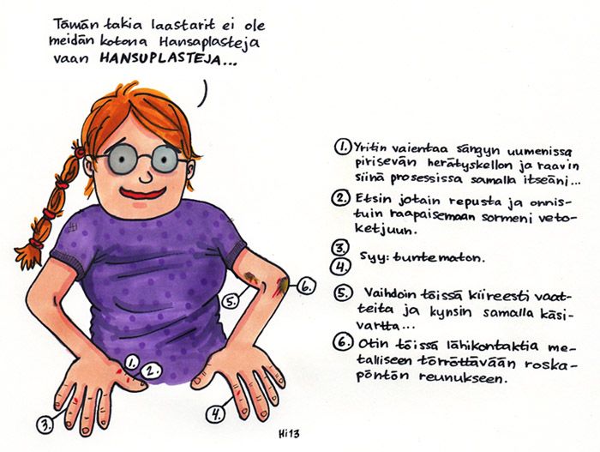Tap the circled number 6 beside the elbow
tap(307, 286)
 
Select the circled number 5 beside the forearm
tap(231, 302)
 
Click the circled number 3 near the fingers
tap(45, 425)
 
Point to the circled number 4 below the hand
tap(215, 414)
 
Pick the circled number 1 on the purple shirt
tap(131, 362)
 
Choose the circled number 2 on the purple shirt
tap(150, 371)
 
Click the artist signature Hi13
tap(289, 434)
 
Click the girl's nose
tap(146, 177)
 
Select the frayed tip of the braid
tap(27, 256)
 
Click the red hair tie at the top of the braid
tap(79, 152)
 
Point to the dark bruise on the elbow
tap(283, 284)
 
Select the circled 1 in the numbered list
tap(343, 147)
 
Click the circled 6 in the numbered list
tap(343, 342)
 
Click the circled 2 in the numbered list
tap(341, 198)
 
